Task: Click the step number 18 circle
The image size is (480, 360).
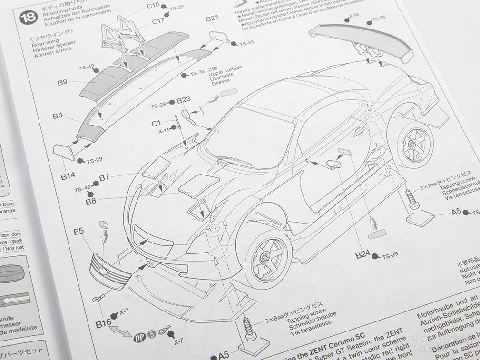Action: pyautogui.click(x=26, y=18)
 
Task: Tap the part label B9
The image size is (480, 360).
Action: pyautogui.click(x=62, y=82)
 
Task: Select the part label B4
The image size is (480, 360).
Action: pyautogui.click(x=58, y=116)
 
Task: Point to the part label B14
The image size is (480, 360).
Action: pyautogui.click(x=68, y=176)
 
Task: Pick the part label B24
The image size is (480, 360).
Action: pyautogui.click(x=362, y=254)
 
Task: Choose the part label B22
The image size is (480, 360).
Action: pyautogui.click(x=212, y=19)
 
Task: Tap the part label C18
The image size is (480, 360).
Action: pyautogui.click(x=153, y=5)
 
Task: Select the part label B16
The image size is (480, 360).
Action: pyautogui.click(x=103, y=324)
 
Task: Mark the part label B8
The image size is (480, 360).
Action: pyautogui.click(x=91, y=201)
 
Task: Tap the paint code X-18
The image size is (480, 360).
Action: pyautogui.click(x=354, y=16)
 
